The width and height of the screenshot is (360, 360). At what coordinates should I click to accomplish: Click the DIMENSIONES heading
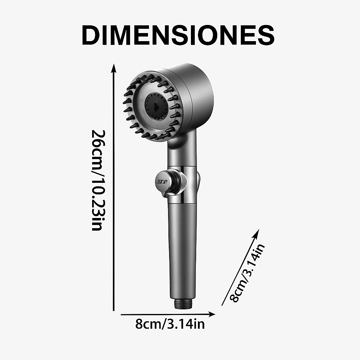coord(178,35)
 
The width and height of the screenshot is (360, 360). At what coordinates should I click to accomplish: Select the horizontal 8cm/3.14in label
coord(170,324)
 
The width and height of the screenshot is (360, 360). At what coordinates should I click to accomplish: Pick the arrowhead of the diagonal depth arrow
coord(257,233)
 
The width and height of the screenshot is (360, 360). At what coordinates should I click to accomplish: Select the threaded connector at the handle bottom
coord(183,304)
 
